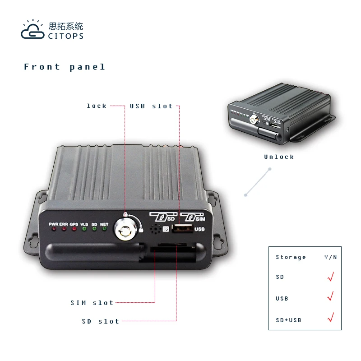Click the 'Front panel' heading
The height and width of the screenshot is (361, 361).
click(x=65, y=67)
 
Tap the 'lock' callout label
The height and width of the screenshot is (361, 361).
click(x=97, y=106)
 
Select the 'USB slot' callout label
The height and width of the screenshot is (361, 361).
click(x=152, y=106)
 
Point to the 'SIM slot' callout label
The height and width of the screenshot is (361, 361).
click(x=92, y=303)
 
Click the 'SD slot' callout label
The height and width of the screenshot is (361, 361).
click(x=101, y=321)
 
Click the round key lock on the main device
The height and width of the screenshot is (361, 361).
click(x=124, y=227)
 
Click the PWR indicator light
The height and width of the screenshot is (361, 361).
click(x=54, y=229)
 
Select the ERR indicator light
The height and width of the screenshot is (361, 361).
click(x=64, y=229)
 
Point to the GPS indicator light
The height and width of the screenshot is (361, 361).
click(x=74, y=229)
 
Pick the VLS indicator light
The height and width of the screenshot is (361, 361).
click(x=84, y=229)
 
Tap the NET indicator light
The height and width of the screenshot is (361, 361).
click(x=104, y=229)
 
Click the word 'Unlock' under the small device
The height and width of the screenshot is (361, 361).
click(x=279, y=157)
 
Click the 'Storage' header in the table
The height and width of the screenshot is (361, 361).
click(x=291, y=257)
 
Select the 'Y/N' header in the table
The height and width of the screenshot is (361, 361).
click(x=330, y=257)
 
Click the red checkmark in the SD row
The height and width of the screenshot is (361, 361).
click(x=330, y=276)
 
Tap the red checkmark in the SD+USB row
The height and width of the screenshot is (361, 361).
click(x=330, y=318)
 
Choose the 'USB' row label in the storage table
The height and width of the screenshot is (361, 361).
click(x=282, y=299)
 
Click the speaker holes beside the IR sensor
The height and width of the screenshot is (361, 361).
click(x=155, y=229)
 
